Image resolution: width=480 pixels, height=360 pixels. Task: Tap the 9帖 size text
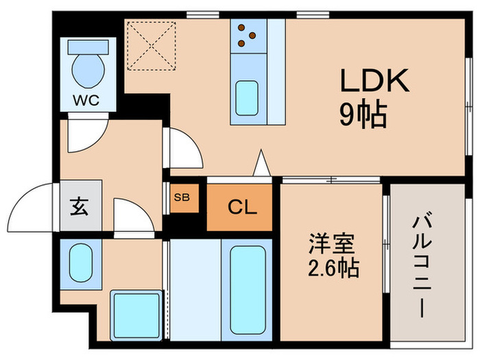(x=363, y=115)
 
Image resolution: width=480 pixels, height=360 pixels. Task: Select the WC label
(x=86, y=101)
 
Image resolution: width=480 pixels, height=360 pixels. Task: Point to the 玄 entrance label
(x=78, y=204)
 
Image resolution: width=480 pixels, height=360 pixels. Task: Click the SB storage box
(x=182, y=197)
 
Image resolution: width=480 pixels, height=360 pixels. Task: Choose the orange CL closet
(x=241, y=206)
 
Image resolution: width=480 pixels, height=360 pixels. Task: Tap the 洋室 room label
(x=332, y=243)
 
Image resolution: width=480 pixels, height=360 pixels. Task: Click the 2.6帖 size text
(x=332, y=268)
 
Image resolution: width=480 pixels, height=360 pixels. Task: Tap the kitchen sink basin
(x=248, y=98)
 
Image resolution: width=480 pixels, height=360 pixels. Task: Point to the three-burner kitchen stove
(x=248, y=36)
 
